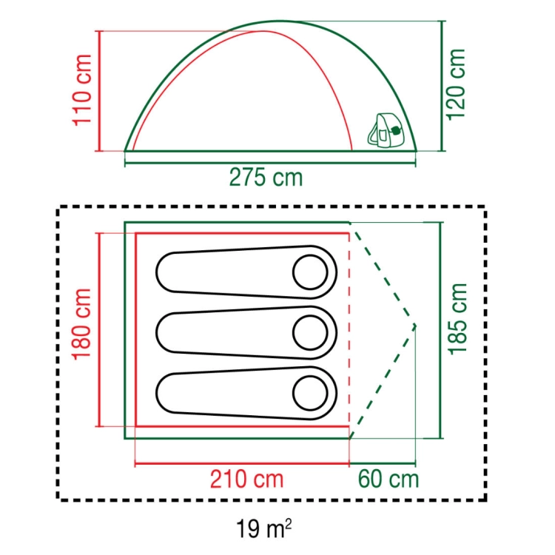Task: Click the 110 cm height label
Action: (82, 90)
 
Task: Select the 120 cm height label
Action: (457, 84)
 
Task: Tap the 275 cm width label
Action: (266, 178)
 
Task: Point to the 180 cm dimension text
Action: (81, 324)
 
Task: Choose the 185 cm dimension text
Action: (457, 318)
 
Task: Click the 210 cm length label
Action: (246, 480)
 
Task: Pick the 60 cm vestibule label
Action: (388, 480)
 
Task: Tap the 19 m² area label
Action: (263, 528)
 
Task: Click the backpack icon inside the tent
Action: (386, 130)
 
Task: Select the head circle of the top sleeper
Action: (310, 272)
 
